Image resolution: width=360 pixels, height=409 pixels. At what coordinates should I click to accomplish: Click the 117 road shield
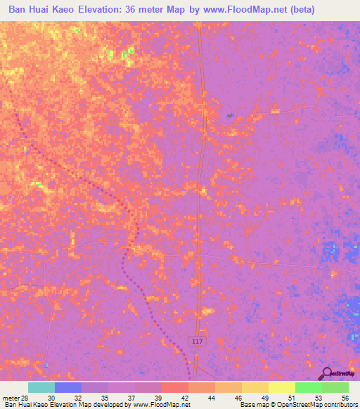tap(197, 340)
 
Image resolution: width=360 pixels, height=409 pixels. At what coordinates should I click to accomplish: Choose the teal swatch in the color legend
tap(41, 387)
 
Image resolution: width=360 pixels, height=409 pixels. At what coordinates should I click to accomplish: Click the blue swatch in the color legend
tap(67, 387)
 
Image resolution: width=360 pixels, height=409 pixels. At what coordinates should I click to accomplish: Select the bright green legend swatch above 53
tap(308, 387)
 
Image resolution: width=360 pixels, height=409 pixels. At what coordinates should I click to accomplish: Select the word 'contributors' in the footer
tap(340, 405)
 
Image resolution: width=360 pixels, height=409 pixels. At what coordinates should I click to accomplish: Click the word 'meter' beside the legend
tap(10, 398)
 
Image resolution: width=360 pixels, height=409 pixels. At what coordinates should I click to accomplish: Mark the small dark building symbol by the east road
tap(229, 115)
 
